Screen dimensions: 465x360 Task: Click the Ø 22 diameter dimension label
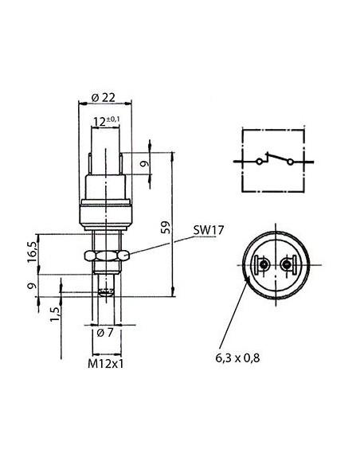(x=104, y=96)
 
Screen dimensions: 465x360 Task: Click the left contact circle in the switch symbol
(x=258, y=162)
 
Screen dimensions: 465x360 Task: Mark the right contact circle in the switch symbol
(x=291, y=162)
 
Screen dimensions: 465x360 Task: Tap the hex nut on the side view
(x=104, y=257)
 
